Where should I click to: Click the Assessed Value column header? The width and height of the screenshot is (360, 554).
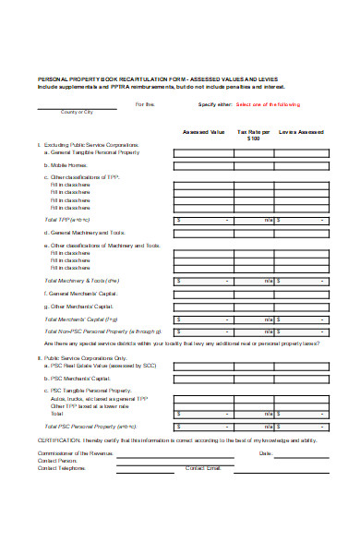click(x=203, y=132)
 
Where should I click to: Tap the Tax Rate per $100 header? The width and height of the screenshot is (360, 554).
click(x=254, y=135)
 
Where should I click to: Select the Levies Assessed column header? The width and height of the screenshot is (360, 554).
click(x=302, y=132)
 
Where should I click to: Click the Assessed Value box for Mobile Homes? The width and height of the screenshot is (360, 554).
click(x=203, y=165)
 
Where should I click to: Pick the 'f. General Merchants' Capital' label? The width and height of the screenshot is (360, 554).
click(x=80, y=293)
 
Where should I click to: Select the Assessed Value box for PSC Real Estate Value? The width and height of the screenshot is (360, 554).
click(x=203, y=364)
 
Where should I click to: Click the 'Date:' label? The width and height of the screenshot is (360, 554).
click(x=266, y=453)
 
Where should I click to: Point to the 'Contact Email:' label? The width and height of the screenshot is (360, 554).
click(x=204, y=468)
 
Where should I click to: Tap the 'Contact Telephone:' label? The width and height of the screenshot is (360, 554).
click(x=62, y=468)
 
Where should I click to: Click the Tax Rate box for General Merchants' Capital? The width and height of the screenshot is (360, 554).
click(x=254, y=293)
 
